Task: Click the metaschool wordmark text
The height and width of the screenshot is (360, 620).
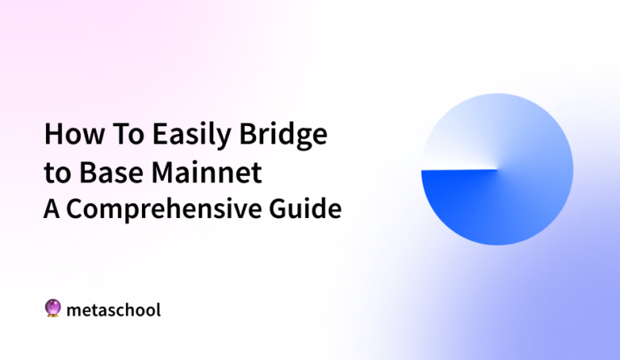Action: [x=114, y=308]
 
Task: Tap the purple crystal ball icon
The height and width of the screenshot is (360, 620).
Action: [x=52, y=308]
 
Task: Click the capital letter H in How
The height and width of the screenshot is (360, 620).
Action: [x=52, y=135]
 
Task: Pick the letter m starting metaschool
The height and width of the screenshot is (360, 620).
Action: [x=74, y=310]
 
